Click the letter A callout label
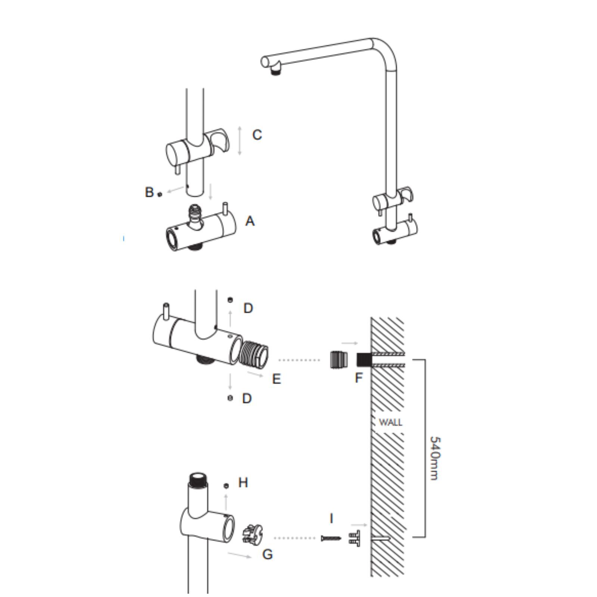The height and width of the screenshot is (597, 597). click(x=250, y=221)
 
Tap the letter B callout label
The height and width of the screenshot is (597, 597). click(x=149, y=192)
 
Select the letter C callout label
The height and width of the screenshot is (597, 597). click(x=257, y=135)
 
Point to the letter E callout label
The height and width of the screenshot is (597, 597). click(x=276, y=379)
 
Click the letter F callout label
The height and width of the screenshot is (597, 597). click(x=359, y=378)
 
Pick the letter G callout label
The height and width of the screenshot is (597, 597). click(x=268, y=554)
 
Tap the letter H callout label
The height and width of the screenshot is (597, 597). click(x=243, y=482)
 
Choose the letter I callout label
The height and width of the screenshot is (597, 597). click(x=331, y=518)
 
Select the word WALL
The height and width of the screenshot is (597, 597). click(x=390, y=422)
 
